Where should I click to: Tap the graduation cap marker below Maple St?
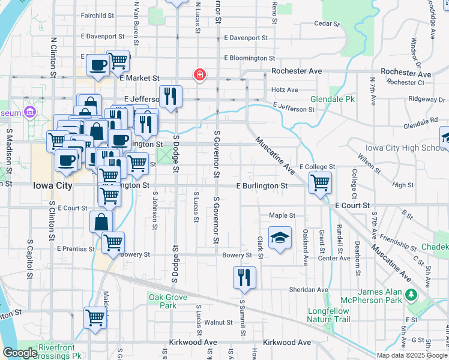pos(280,238)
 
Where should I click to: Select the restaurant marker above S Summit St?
pos(244,277)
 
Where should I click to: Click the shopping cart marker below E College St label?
pos(320,182)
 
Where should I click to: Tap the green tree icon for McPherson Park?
pos(411,295)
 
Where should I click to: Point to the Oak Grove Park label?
pos(168,301)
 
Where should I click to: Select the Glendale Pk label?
pos(330,99)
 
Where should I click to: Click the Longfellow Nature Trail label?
pos(328,316)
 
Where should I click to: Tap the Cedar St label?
pos(327,25)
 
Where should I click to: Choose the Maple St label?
pos(282,215)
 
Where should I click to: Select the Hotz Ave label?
pos(285,90)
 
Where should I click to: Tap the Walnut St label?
pos(214,322)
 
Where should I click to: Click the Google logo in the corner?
pos(19,352)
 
